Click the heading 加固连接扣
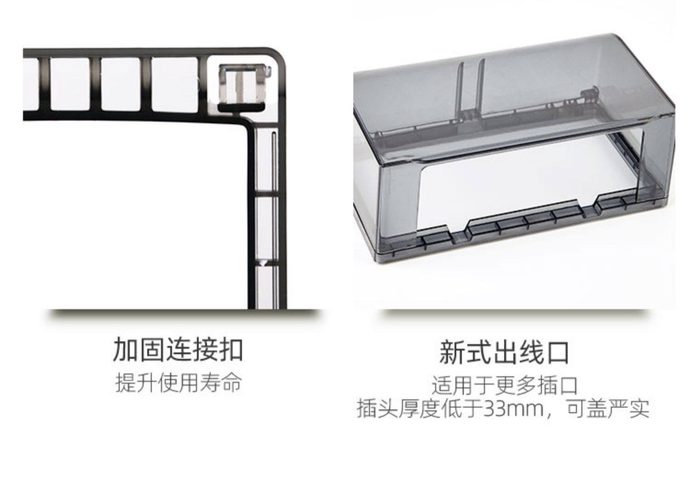tap(178, 350)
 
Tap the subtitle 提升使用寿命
tap(178, 383)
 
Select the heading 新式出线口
tap(504, 352)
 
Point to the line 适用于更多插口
tap(504, 385)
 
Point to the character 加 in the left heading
tap(126, 350)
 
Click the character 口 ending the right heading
tap(557, 352)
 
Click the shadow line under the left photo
tap(184, 314)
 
